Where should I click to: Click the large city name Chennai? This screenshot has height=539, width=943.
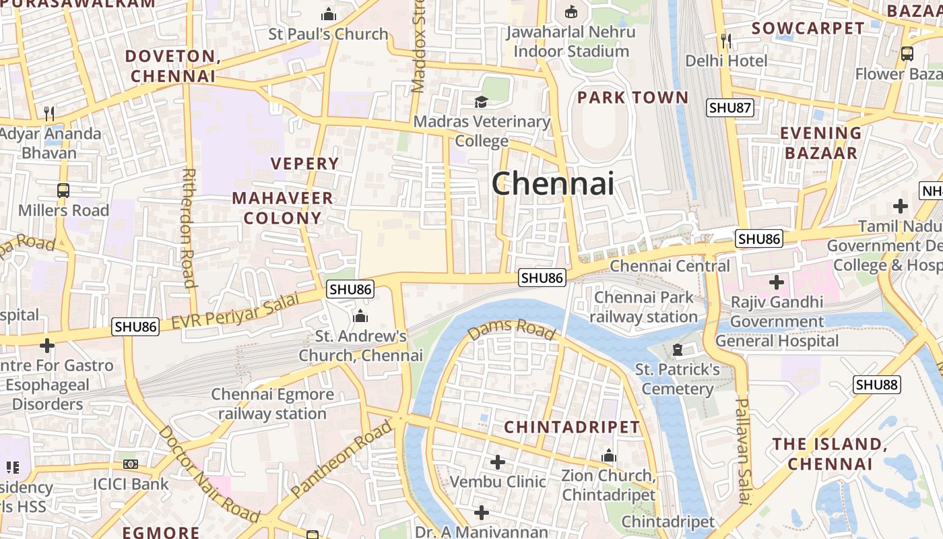click(x=552, y=183)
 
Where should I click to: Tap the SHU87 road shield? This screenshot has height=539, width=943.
click(x=729, y=107)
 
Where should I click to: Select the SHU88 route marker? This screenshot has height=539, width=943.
click(x=877, y=385)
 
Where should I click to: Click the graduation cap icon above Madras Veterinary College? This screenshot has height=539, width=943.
click(x=481, y=102)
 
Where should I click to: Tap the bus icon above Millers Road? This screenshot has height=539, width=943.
click(x=63, y=191)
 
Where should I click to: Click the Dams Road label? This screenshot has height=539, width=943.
click(x=511, y=329)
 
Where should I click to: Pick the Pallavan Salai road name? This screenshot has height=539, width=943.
click(x=742, y=450)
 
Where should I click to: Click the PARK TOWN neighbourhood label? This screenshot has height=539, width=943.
click(x=632, y=98)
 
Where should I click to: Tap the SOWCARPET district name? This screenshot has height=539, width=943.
click(x=808, y=28)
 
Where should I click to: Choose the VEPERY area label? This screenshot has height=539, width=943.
click(x=304, y=164)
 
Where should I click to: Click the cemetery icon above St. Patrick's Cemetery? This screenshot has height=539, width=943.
click(x=678, y=350)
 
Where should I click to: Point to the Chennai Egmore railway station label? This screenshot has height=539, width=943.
click(x=272, y=404)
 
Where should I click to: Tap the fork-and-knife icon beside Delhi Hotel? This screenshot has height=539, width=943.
click(x=726, y=41)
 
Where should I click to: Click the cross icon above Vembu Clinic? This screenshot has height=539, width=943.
click(x=497, y=462)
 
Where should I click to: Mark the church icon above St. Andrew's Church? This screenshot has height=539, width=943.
click(x=360, y=315)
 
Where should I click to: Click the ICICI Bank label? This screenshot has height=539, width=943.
click(x=131, y=484)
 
